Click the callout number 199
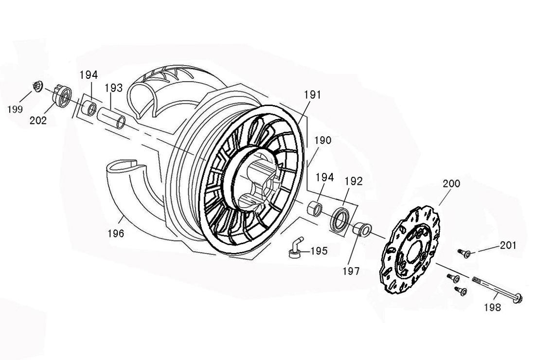pos(16,109)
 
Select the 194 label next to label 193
pos(89,75)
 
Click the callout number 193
pos(113,88)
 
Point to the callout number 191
pos(313,95)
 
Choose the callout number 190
pos(322,141)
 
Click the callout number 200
pos(451,184)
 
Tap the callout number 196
pos(116,234)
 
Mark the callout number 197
pos(351,271)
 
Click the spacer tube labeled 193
pos(112,118)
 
